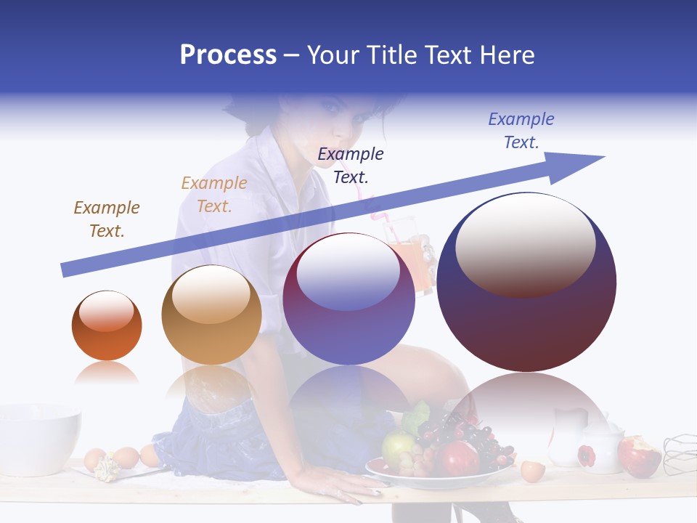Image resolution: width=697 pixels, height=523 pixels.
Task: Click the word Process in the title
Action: (228, 55)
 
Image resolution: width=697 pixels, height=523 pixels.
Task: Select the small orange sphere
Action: (107, 325)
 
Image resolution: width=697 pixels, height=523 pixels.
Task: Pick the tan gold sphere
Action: (211, 315)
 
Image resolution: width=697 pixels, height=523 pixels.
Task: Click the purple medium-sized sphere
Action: (348, 299)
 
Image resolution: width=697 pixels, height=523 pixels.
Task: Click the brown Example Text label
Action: (107, 219)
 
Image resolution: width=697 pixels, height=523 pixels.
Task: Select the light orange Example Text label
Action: (214, 194)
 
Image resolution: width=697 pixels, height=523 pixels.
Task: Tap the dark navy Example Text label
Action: (351, 165)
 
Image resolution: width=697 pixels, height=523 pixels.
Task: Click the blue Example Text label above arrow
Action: (521, 130)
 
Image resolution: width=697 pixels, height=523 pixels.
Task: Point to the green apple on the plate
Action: (398, 447)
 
